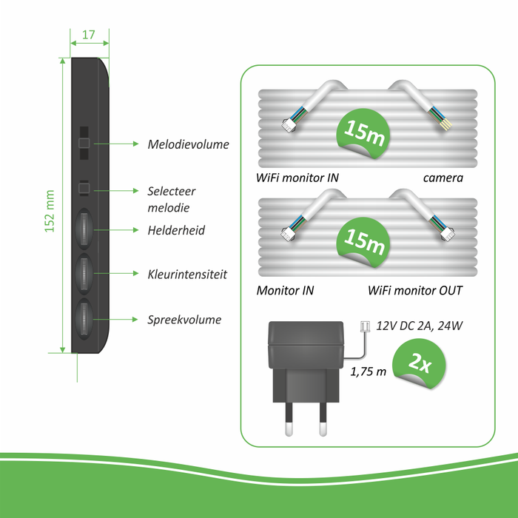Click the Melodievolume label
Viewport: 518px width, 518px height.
188,144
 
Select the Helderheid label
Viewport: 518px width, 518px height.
175,230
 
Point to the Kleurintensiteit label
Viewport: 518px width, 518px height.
186,274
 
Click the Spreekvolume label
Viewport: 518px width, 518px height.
184,320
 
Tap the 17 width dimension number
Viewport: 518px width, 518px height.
89,35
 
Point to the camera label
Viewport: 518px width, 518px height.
443,178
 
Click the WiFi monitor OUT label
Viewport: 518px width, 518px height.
415,290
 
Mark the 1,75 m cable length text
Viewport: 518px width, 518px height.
369,371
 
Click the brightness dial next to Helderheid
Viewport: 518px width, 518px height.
83,230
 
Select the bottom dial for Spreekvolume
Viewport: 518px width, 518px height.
83,320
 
